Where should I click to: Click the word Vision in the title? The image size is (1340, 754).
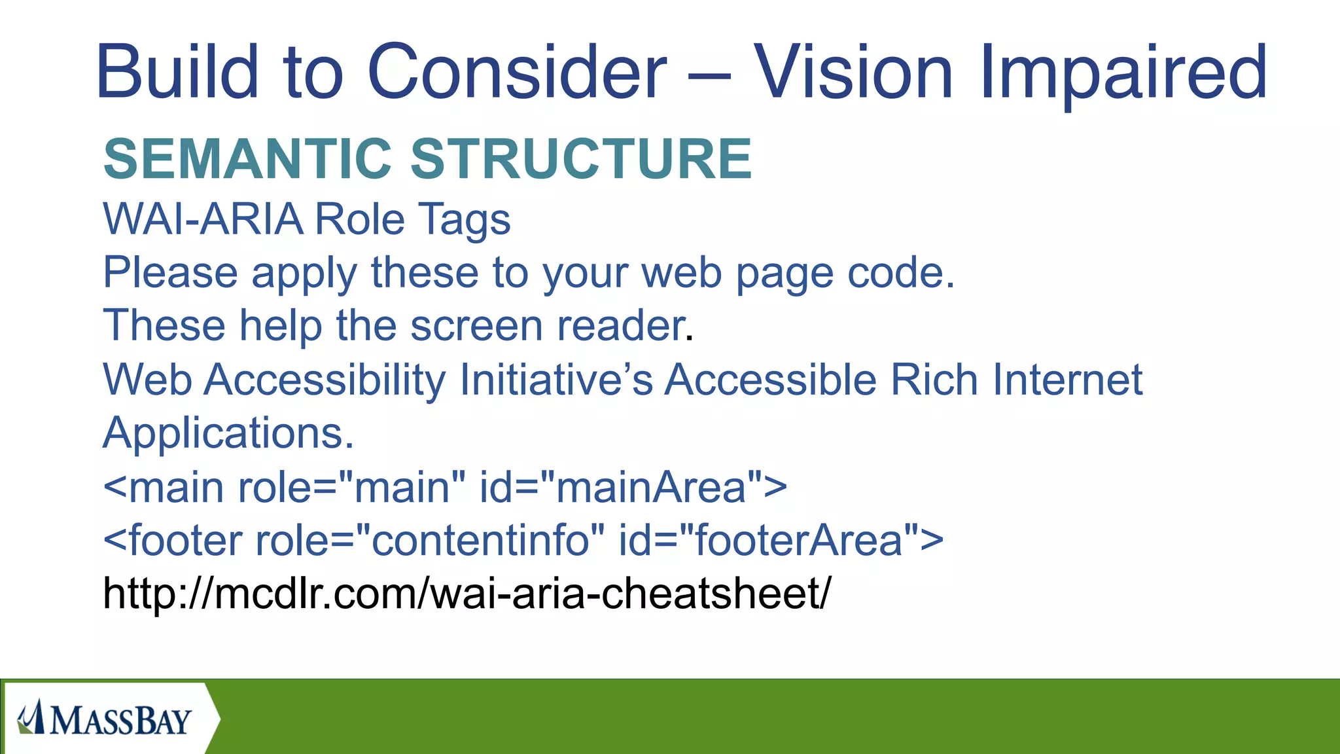[x=853, y=72]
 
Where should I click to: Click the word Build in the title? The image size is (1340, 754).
[x=177, y=72]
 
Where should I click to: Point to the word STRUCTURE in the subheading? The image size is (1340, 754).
[x=581, y=159]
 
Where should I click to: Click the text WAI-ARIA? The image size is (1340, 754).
[x=203, y=219]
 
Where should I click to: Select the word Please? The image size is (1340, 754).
[x=170, y=273]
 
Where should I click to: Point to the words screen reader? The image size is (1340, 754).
[x=547, y=326]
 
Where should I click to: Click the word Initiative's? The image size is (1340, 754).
[x=556, y=380]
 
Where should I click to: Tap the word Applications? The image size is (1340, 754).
[x=228, y=433]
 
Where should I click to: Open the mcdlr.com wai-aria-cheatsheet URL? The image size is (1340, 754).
[x=467, y=594]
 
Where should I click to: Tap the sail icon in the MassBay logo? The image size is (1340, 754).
[x=30, y=717]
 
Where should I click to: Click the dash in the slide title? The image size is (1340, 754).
[x=709, y=76]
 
